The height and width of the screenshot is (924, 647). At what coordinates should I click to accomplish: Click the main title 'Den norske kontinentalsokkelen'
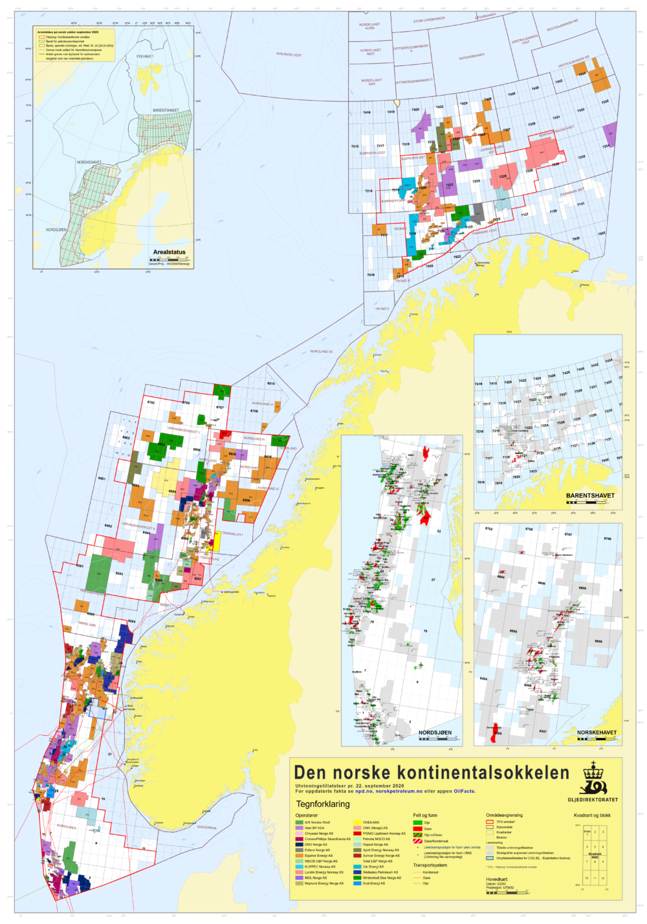click(431, 773)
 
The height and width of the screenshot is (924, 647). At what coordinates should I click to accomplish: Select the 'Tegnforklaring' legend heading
click(322, 804)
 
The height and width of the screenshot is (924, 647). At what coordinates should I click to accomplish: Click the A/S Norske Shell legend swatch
click(299, 822)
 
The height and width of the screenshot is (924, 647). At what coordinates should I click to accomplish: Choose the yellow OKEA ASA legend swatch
click(357, 822)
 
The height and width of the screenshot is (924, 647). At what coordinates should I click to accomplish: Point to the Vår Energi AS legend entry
click(373, 866)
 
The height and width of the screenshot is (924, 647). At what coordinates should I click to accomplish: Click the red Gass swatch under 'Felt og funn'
click(417, 828)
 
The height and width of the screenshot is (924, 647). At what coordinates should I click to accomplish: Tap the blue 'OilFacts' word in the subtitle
click(464, 791)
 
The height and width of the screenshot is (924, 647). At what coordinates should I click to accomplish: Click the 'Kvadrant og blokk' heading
click(591, 815)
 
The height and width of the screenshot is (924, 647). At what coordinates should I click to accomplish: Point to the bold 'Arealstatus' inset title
click(169, 252)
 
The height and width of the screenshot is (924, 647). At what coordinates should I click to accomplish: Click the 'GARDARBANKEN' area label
click(471, 56)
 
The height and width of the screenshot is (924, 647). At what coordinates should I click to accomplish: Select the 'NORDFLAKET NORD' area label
click(369, 27)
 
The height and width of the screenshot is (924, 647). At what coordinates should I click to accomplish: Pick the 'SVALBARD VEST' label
click(289, 55)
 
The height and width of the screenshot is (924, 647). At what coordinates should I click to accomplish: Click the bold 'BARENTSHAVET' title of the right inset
click(590, 496)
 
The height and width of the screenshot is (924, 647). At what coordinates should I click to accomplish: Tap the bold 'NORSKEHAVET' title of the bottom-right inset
click(597, 733)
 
